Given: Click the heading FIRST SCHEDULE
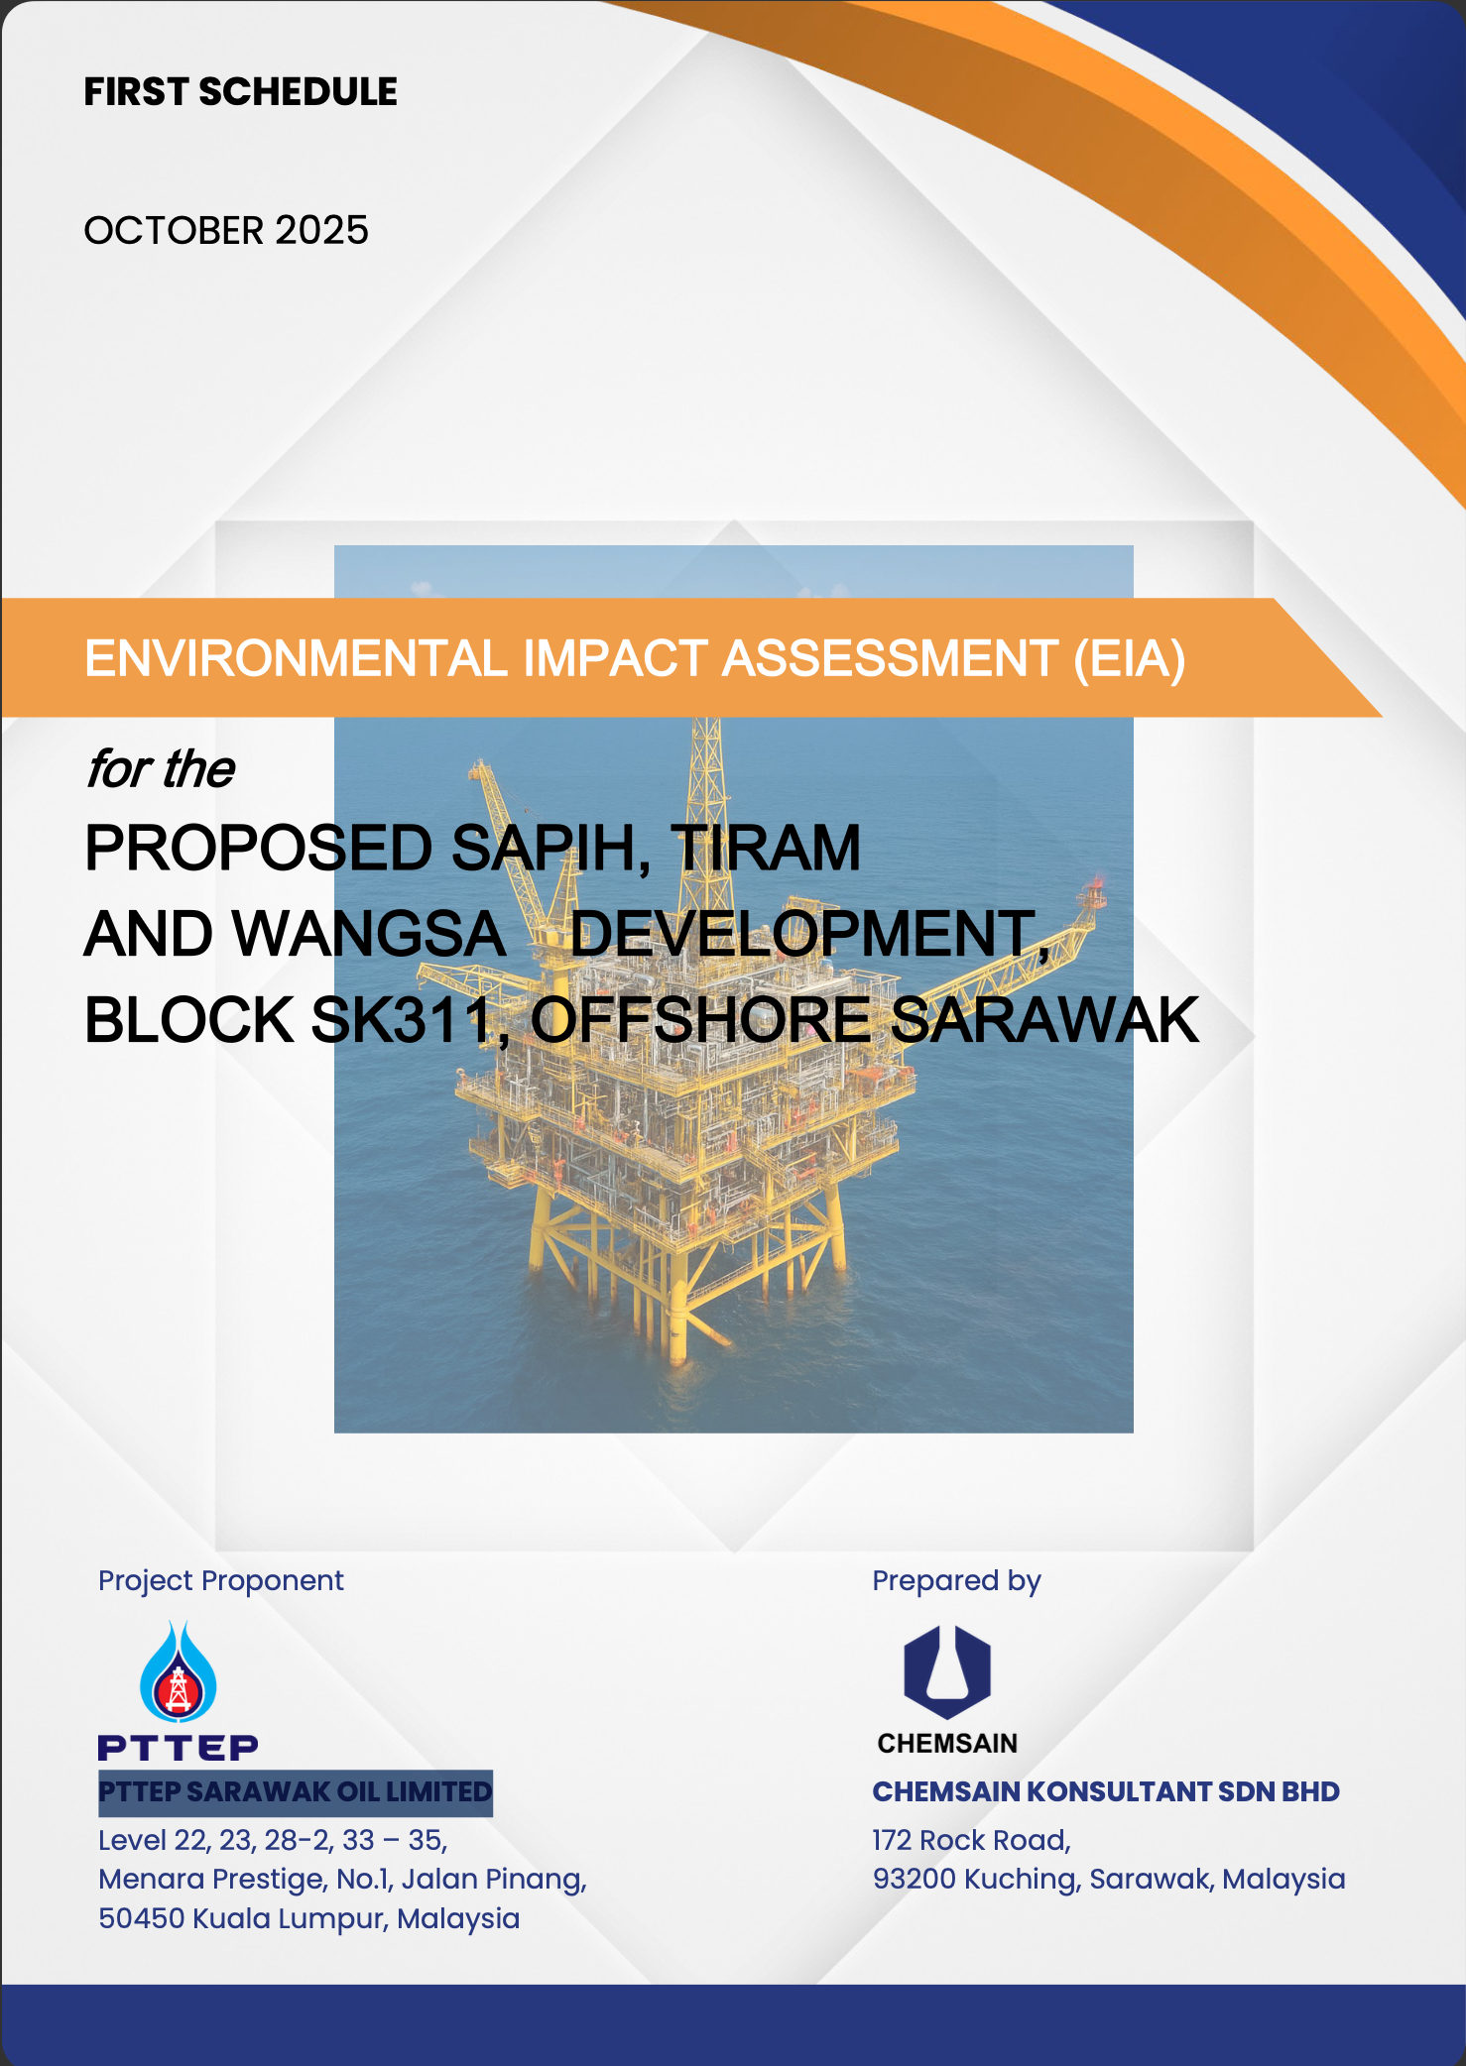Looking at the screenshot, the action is click(x=240, y=91).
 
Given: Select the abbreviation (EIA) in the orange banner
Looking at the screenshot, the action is click(x=1130, y=659).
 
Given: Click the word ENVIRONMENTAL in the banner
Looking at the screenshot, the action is click(x=297, y=659).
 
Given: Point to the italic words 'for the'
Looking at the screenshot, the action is click(x=161, y=769).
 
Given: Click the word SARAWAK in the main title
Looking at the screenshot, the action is click(x=1045, y=1020).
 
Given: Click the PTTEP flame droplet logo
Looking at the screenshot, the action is click(x=179, y=1671).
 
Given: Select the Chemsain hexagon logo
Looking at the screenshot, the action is click(x=947, y=1671).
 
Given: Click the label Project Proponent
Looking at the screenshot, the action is click(x=221, y=1580).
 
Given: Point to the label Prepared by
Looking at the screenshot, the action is click(x=957, y=1580).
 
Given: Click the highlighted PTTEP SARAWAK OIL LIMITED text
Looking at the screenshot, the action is click(x=296, y=1792).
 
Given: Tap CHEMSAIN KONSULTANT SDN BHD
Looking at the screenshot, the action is click(x=1106, y=1791).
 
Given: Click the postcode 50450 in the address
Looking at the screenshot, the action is click(x=141, y=1918).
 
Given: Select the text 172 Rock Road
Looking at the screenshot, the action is click(x=971, y=1840).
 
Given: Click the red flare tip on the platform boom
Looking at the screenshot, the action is click(x=1097, y=880).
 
